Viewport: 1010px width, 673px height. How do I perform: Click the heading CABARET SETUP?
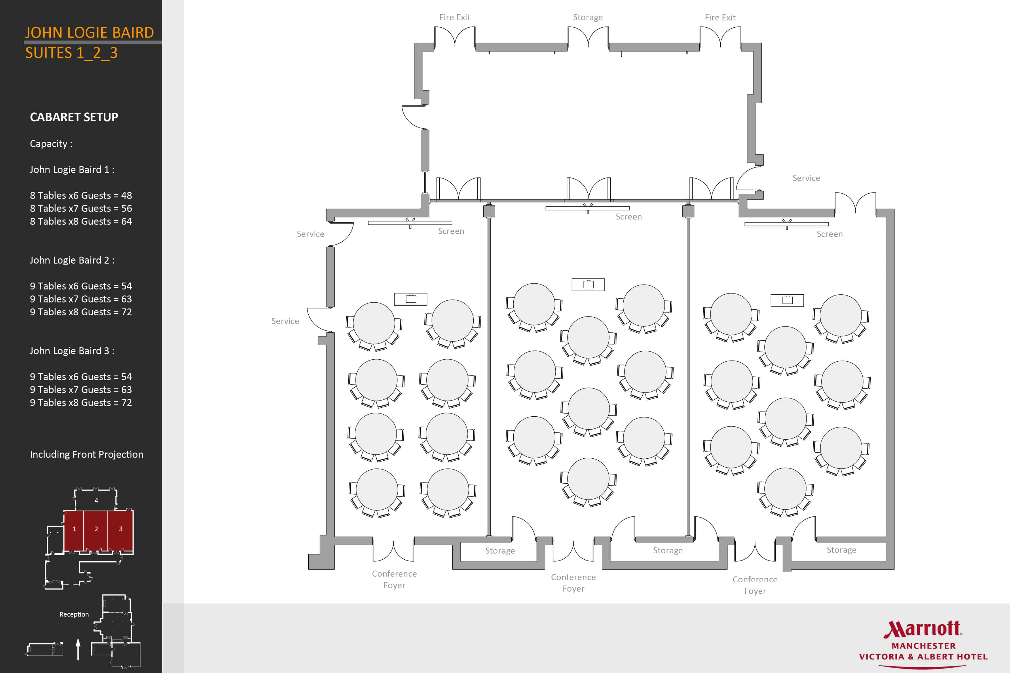74,117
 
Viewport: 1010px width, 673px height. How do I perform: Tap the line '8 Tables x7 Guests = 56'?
81,208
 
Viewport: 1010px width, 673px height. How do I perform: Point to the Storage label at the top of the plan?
588,17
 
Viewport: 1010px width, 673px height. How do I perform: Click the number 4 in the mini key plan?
96,500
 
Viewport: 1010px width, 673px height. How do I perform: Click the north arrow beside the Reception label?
78,649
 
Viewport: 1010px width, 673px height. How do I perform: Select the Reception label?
74,614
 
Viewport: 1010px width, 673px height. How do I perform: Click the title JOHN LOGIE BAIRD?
89,33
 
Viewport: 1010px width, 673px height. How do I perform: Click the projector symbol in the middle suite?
588,284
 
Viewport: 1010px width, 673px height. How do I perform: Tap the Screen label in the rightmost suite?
830,234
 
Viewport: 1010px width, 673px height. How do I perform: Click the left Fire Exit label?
455,17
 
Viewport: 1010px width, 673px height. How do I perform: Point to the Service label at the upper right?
806,178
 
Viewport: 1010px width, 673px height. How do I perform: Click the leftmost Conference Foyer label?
394,579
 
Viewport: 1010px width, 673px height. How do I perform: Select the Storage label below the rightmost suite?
841,550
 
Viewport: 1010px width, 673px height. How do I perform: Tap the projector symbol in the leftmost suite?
411,299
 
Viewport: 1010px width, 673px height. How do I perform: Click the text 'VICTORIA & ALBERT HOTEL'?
923,657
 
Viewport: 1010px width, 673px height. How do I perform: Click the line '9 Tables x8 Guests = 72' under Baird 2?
81,312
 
